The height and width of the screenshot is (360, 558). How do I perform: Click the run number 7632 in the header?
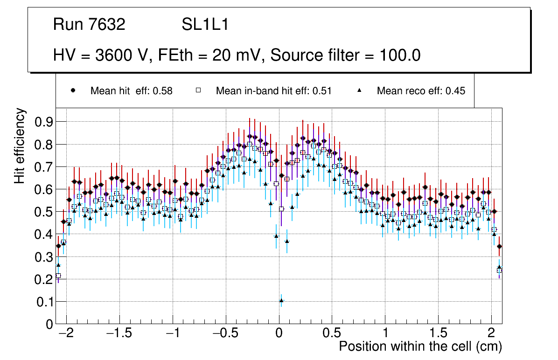click(107, 25)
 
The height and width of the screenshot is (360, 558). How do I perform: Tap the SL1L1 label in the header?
click(205, 25)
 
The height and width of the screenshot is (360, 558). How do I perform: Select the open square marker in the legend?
click(198, 91)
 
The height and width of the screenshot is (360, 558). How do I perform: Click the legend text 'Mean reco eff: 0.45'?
click(421, 91)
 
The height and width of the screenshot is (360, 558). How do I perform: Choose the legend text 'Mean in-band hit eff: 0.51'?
click(273, 91)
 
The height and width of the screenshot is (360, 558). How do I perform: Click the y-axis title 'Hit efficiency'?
click(20, 145)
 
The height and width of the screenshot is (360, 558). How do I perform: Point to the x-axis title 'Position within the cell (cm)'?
click(420, 346)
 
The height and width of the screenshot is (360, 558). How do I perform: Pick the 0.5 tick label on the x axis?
click(332, 333)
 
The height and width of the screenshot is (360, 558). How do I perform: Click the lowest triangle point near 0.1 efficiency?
click(281, 300)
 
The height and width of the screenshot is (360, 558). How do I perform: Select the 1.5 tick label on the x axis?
click(439, 333)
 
